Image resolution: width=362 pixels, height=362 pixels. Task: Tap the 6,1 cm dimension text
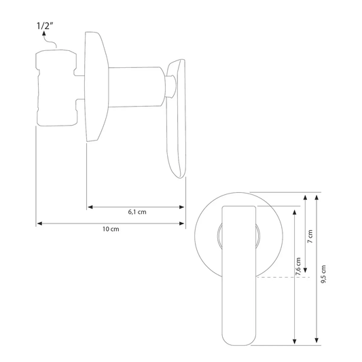tap(137, 212)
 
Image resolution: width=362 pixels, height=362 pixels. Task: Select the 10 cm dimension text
tap(111, 229)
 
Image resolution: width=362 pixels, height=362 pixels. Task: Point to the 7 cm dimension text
tap(310, 236)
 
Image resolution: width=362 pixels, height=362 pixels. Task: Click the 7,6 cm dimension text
tap(298, 266)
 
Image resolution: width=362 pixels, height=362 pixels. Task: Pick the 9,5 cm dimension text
tap(323, 274)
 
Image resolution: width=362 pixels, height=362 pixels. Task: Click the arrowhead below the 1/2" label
tap(43, 34)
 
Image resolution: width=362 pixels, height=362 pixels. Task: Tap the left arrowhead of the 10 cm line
tap(39, 223)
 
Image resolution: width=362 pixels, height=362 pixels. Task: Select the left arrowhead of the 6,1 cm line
tap(90, 207)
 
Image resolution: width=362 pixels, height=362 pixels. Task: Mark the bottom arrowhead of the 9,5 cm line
tap(316, 340)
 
